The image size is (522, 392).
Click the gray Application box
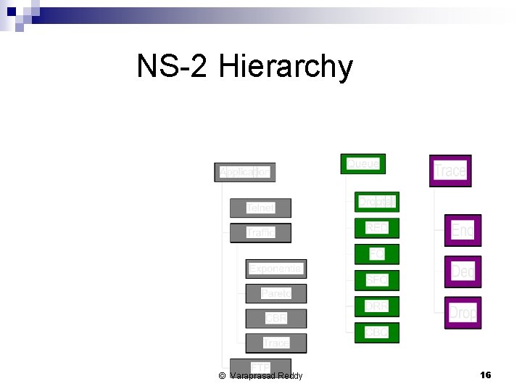pyautogui.click(x=245, y=172)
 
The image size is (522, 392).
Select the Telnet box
pyautogui.click(x=260, y=208)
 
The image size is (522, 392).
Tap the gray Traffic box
pyautogui.click(x=260, y=233)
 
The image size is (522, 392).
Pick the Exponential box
pyautogui.click(x=275, y=269)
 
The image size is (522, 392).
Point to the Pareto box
pyautogui.click(x=275, y=294)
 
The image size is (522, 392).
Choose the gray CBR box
pyautogui.click(x=275, y=319)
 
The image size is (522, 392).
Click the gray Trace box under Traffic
pyautogui.click(x=275, y=343)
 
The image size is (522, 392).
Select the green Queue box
pyautogui.click(x=362, y=164)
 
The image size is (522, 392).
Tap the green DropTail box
pyautogui.click(x=376, y=202)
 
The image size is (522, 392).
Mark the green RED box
pyautogui.click(x=376, y=228)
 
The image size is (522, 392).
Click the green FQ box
pyautogui.click(x=376, y=254)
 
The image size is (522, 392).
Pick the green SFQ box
pyautogui.click(x=376, y=279)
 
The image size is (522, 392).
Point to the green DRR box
pyautogui.click(x=376, y=306)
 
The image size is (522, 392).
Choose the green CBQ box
pyautogui.click(x=376, y=332)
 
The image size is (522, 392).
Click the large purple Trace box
pyautogui.click(x=450, y=171)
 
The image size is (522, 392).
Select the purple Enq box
pyautogui.click(x=463, y=231)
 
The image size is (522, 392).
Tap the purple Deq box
pyautogui.click(x=463, y=271)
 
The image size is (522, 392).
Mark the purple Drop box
pyautogui.click(x=463, y=313)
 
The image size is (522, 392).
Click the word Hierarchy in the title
pyautogui.click(x=286, y=67)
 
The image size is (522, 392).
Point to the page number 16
pyautogui.click(x=486, y=375)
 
